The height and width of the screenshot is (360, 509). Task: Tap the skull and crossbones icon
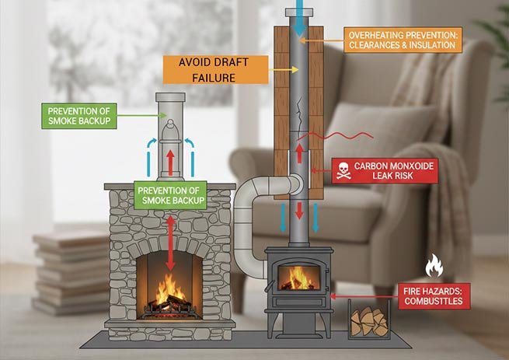pyautogui.click(x=343, y=171)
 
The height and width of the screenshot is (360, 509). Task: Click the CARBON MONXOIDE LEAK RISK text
pyautogui.click(x=396, y=171)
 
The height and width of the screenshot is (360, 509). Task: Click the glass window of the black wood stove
pyautogui.click(x=298, y=277)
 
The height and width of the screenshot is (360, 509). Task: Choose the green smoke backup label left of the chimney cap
pyautogui.click(x=78, y=117)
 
